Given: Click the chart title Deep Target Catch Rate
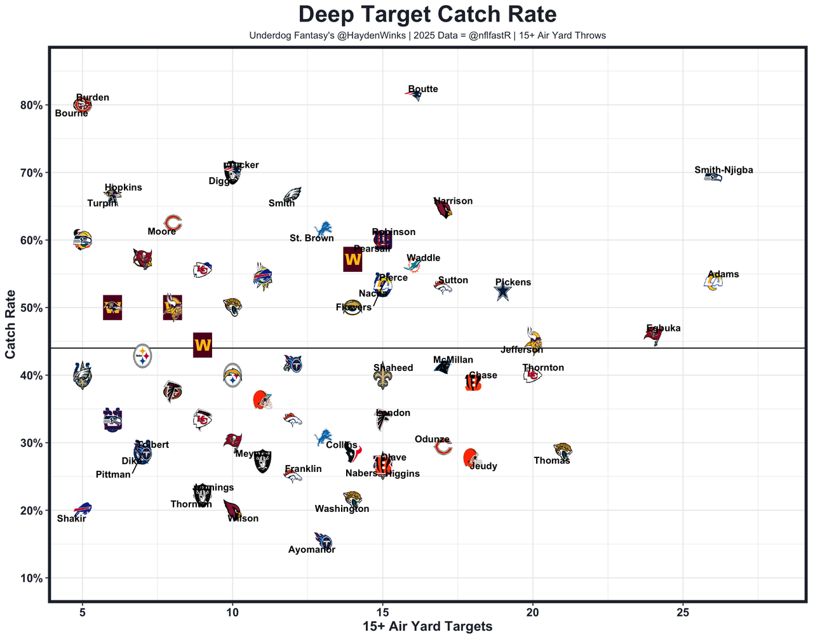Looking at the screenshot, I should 427,15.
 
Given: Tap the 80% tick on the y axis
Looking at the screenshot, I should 30,105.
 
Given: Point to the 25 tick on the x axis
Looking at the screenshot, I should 683,612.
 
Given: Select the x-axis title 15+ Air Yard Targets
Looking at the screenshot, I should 427,627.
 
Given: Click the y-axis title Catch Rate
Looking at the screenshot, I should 11,325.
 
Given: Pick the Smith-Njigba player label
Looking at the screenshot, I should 723,170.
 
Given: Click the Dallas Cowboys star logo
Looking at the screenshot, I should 502,292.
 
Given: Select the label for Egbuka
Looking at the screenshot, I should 663,328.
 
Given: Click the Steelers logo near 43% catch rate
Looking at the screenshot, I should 143,357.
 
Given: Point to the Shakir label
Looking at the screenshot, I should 71,519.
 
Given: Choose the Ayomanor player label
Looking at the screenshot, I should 311,550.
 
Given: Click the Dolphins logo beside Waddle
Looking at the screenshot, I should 413,265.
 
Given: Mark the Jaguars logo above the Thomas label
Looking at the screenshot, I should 563,450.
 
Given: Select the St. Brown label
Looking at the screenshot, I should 311,238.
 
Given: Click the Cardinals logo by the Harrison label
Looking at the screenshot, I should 443,208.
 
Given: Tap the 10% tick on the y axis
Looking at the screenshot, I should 30,579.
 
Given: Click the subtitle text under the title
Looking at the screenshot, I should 427,36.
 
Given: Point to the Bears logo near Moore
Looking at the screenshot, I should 173,223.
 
